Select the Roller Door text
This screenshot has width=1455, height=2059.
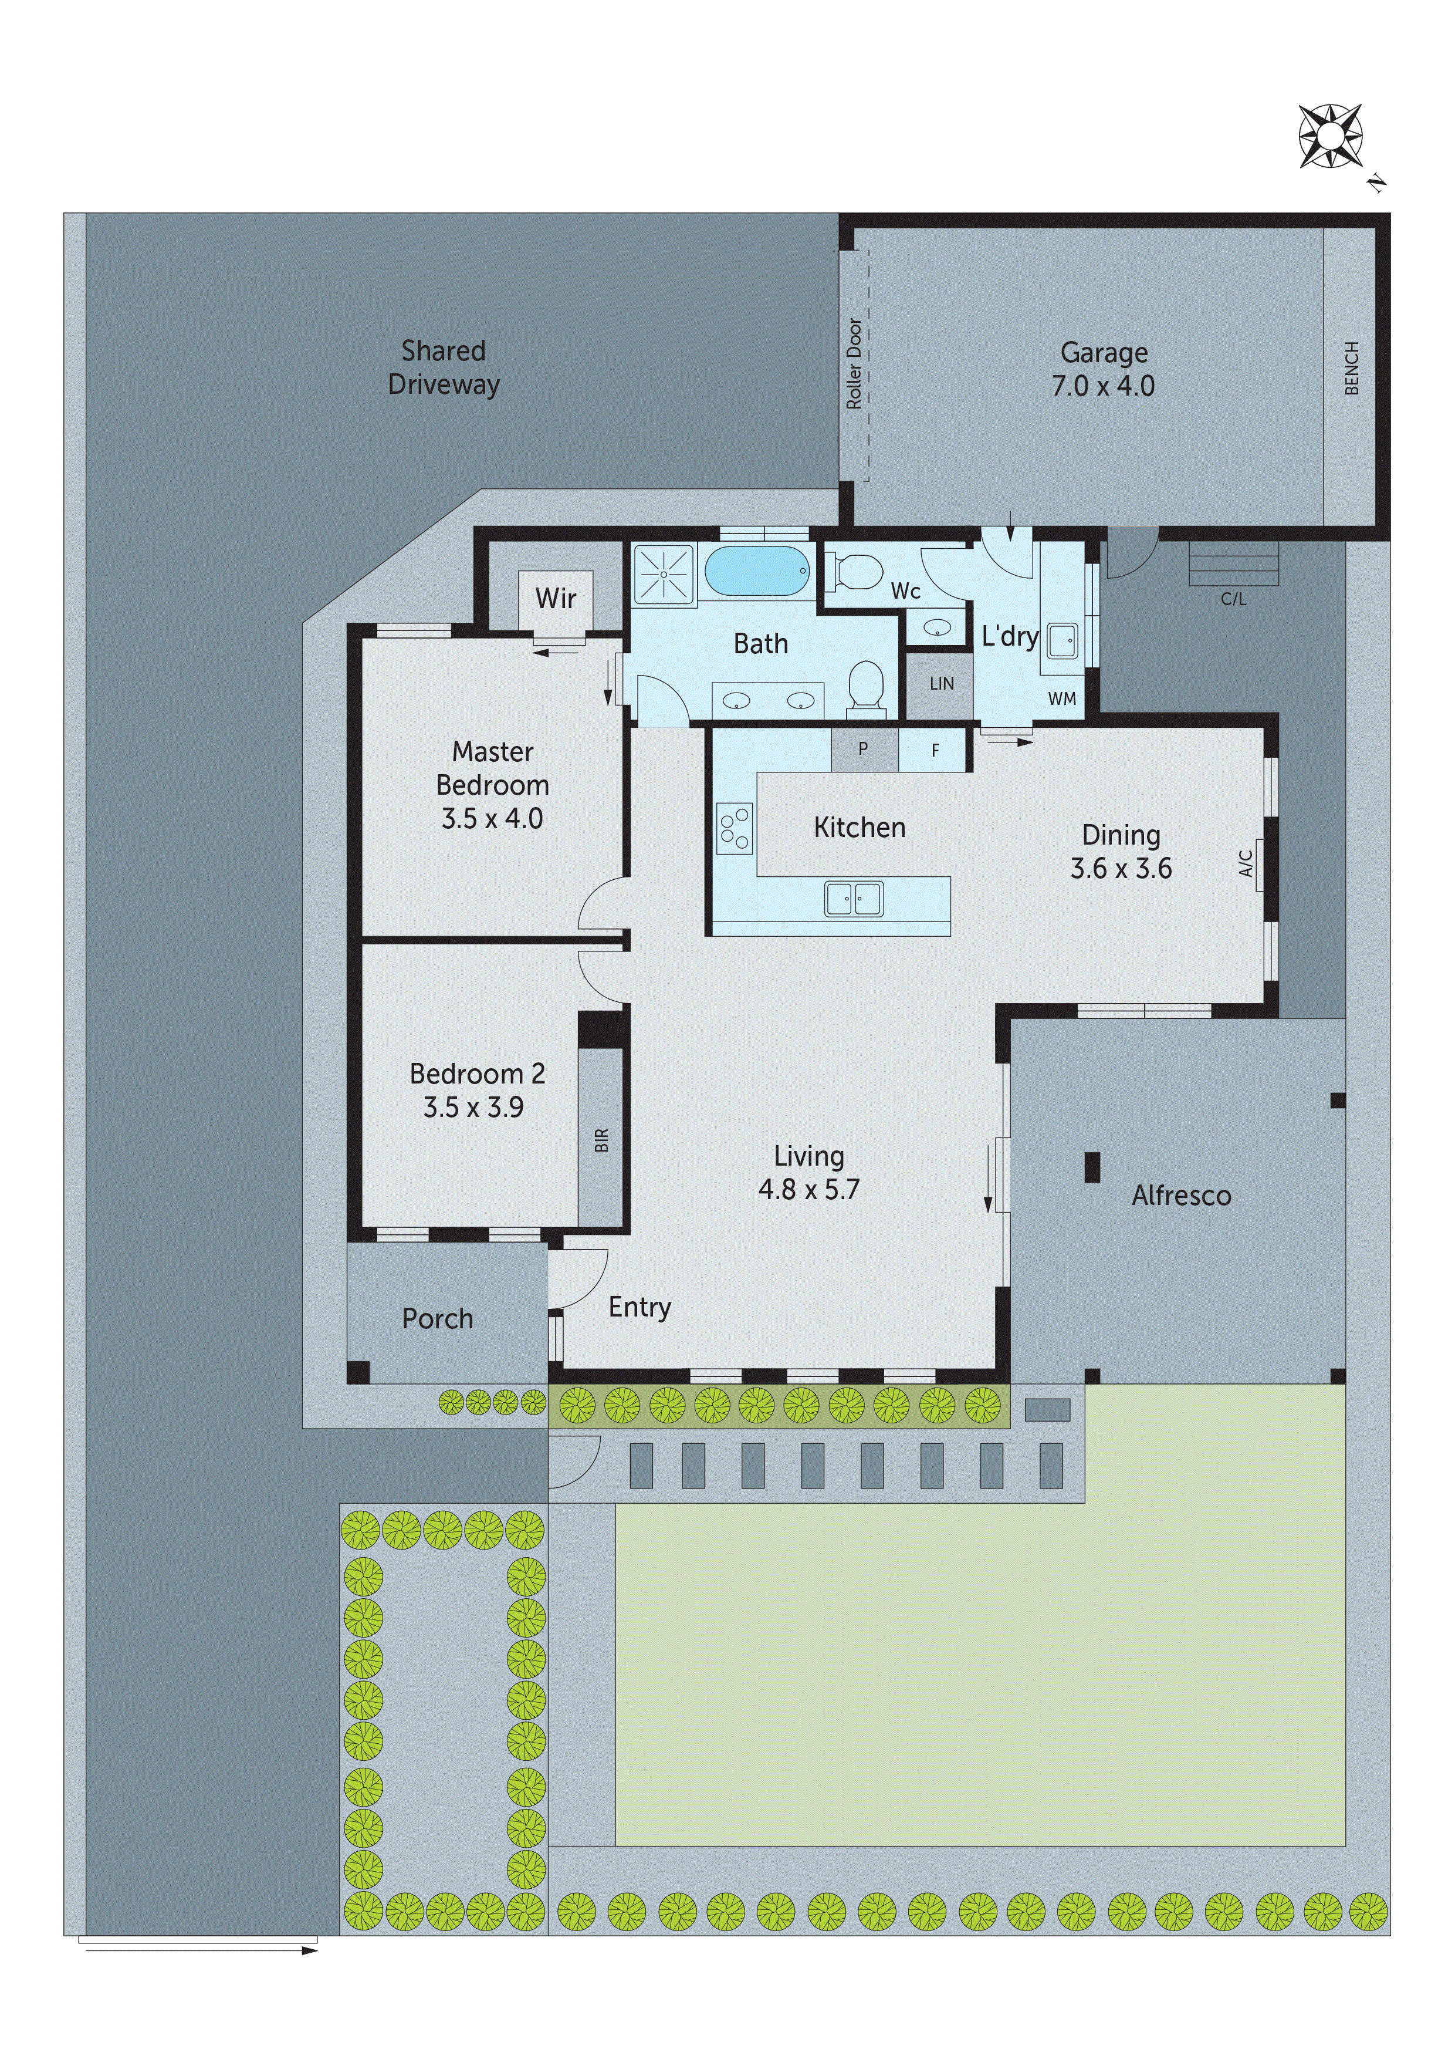click(854, 363)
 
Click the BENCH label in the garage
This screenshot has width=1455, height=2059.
click(1352, 367)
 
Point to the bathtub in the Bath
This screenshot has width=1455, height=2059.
click(757, 571)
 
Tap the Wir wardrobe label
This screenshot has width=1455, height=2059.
click(555, 598)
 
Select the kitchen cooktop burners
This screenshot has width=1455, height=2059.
click(734, 828)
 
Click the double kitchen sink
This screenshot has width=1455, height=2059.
click(854, 899)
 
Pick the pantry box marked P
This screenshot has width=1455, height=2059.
click(863, 750)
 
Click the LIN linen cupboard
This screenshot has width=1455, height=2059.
click(940, 684)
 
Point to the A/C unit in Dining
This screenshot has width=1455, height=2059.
click(1253, 865)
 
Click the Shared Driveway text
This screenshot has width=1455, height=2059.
click(443, 367)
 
